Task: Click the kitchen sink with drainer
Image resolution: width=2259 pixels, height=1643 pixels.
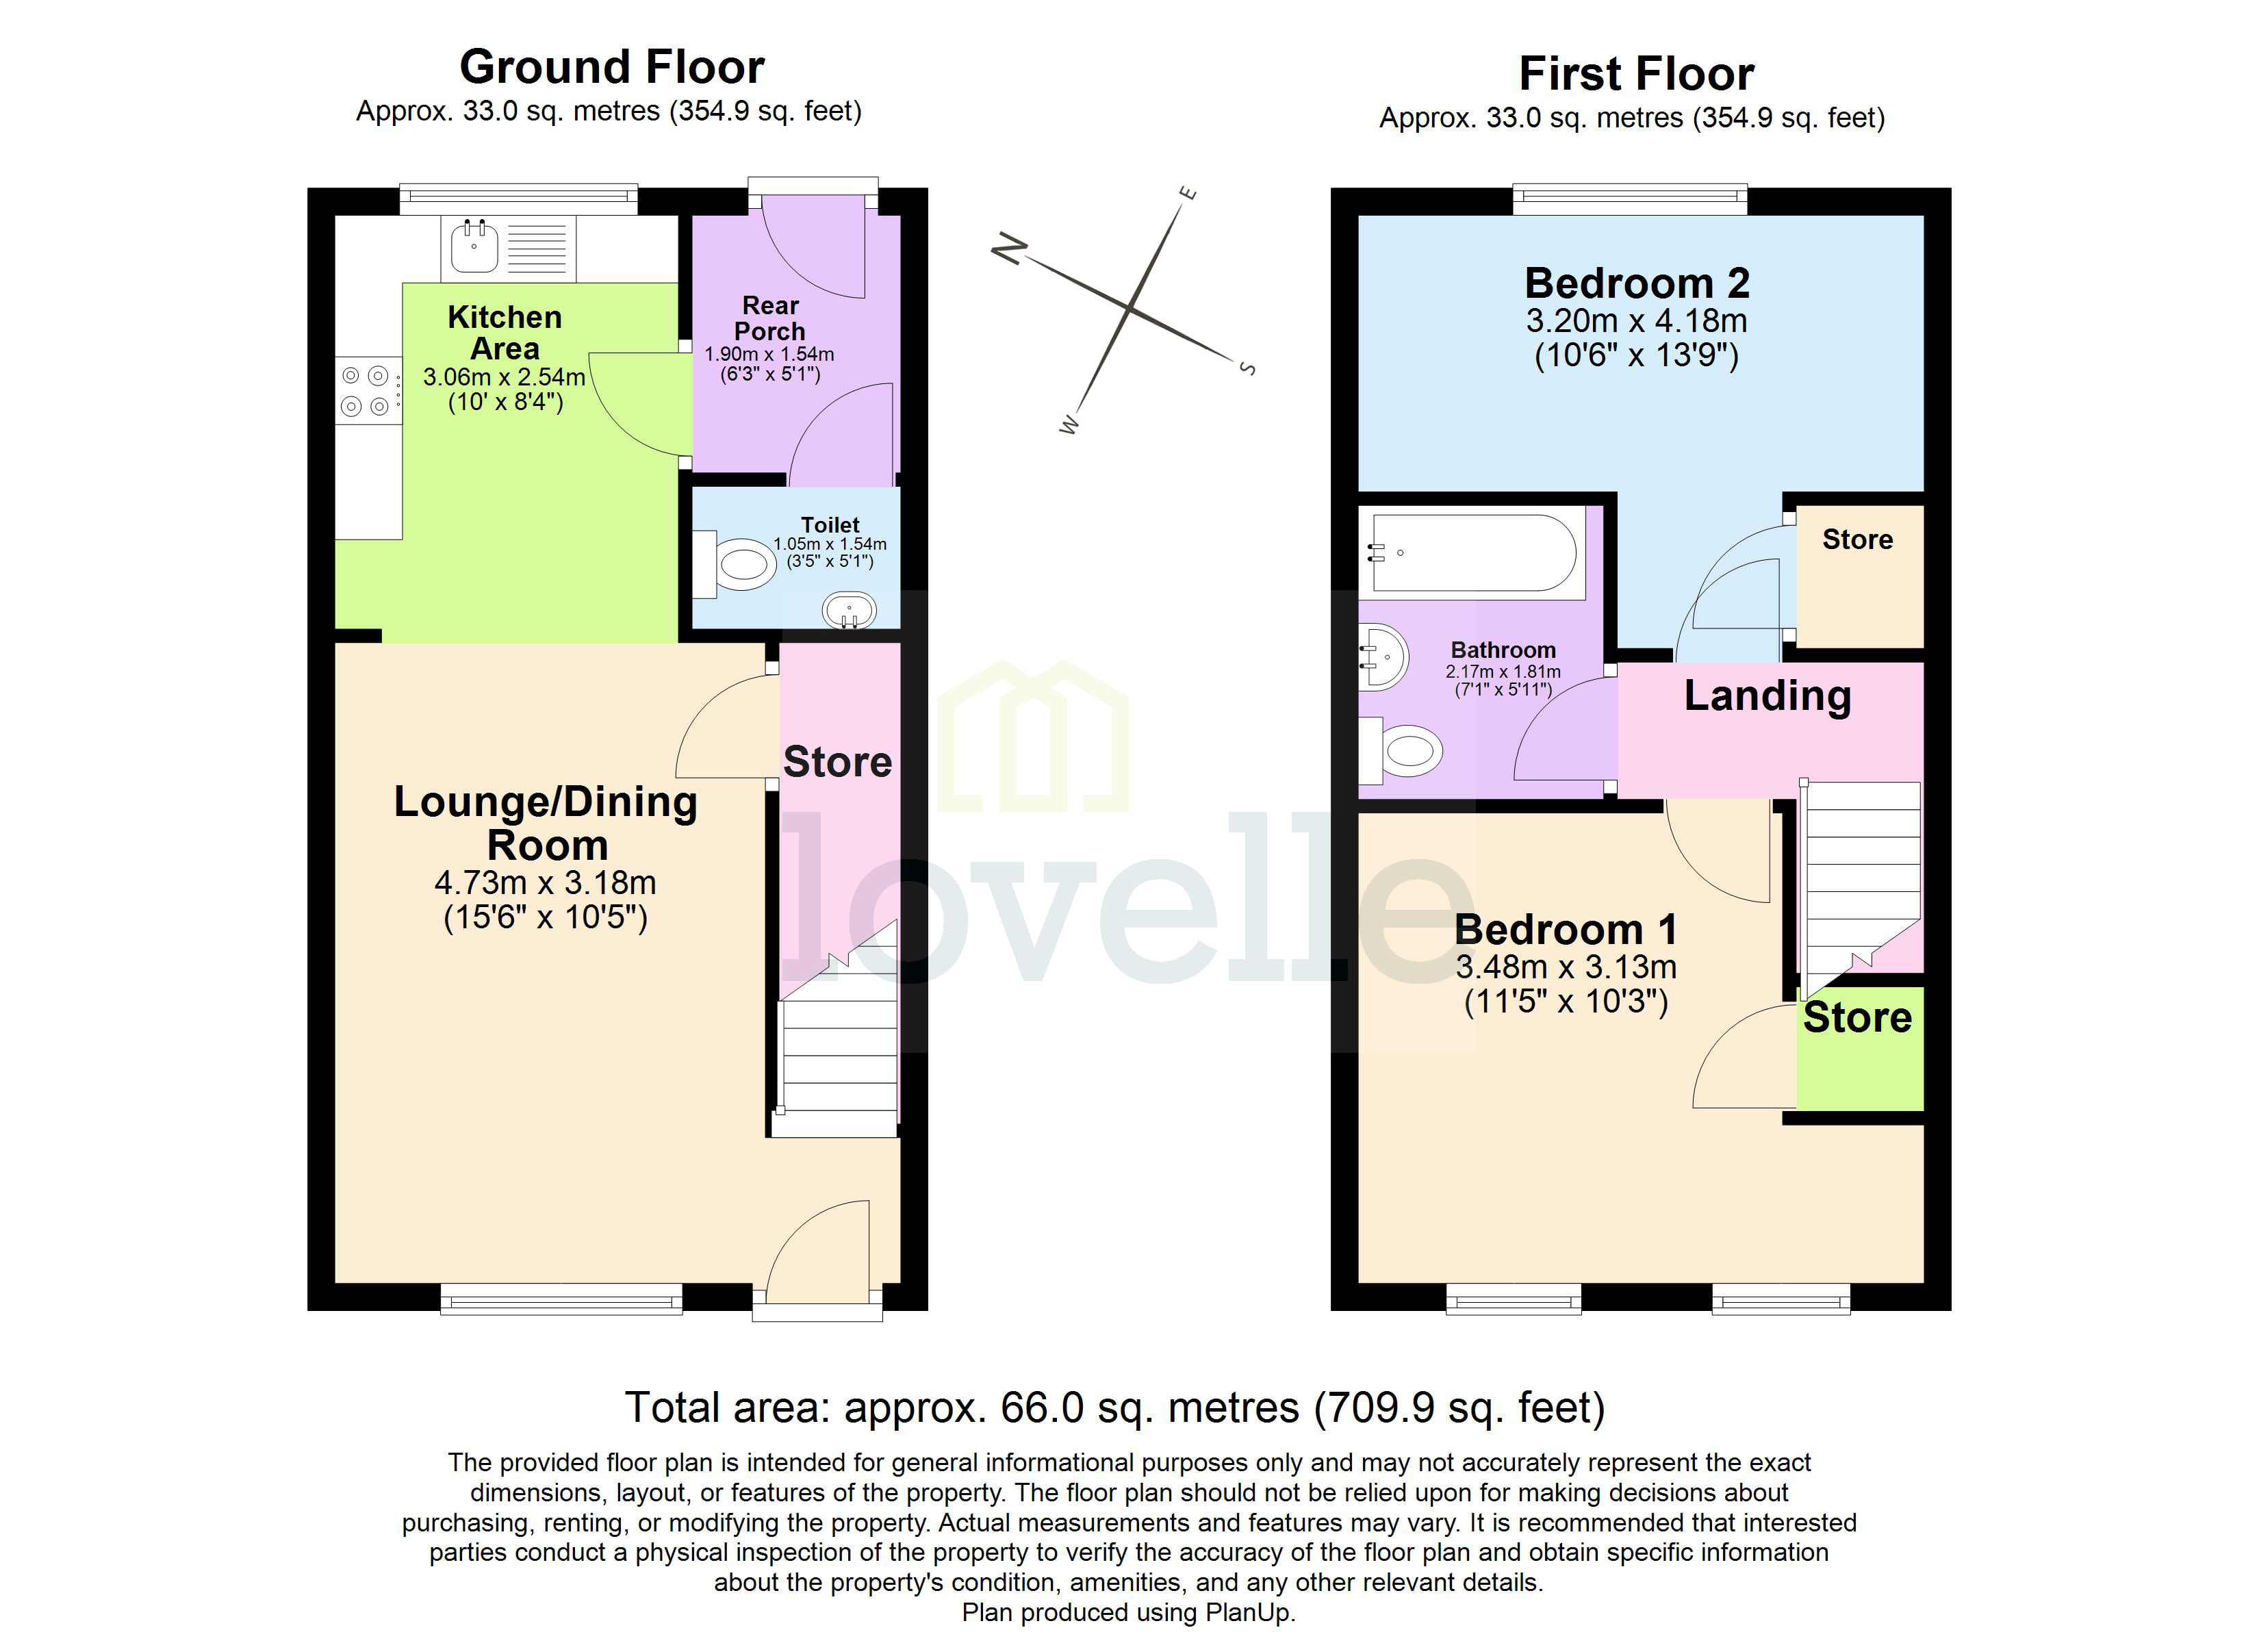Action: click(508, 248)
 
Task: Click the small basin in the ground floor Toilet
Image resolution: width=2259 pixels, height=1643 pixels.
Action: click(849, 610)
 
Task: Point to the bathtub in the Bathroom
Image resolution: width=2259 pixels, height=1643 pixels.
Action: click(1473, 553)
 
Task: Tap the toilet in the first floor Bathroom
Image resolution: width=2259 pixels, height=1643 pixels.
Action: click(1405, 751)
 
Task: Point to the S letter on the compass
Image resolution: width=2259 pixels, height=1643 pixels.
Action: click(1247, 368)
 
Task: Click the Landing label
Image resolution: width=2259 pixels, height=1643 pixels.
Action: click(1767, 696)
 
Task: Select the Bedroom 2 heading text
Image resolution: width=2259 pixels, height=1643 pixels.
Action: click(1637, 283)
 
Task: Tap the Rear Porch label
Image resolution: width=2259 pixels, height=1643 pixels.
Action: click(770, 318)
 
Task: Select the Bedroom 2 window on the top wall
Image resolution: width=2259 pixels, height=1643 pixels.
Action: click(1629, 199)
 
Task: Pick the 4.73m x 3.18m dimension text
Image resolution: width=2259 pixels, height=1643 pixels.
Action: click(545, 883)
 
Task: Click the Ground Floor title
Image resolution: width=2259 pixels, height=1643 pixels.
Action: click(611, 68)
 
